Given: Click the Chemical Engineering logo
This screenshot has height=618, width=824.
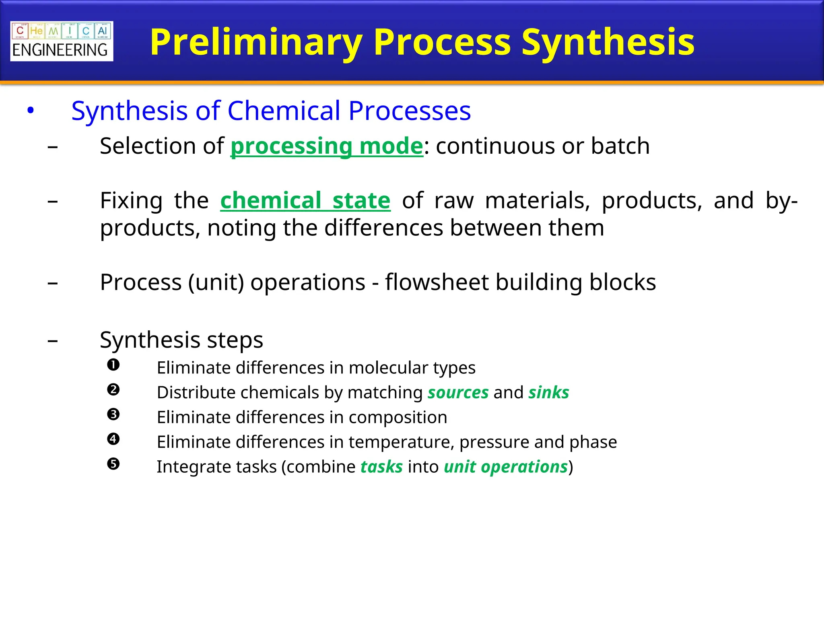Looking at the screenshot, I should point(62,41).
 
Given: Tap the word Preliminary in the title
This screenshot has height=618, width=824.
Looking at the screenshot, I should point(256,42).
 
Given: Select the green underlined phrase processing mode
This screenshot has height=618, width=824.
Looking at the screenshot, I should point(326,146).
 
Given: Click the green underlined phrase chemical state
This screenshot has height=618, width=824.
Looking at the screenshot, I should point(305,200).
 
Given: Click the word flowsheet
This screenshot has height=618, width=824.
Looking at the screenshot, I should point(437,282).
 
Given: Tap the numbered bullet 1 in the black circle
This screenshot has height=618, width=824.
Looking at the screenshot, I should point(113,365).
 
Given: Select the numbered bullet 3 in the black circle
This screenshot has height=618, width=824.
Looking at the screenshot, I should point(113,414).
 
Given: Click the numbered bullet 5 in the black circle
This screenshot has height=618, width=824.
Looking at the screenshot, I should point(113,464).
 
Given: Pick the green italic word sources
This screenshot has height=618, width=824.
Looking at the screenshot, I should point(458,392).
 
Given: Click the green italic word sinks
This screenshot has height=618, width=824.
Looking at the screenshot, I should point(549,392).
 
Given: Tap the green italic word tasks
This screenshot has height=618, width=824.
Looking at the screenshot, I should point(381,467).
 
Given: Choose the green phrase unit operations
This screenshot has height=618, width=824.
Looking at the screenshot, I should point(506,467).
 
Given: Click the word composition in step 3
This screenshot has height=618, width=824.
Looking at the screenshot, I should point(398,417).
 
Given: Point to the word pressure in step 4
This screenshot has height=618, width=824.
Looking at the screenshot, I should point(494,442).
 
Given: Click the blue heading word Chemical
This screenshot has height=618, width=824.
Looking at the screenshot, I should point(284,111).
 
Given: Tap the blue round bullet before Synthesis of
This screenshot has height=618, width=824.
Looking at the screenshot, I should point(31,110).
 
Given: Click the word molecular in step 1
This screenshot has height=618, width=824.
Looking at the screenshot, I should point(388,368).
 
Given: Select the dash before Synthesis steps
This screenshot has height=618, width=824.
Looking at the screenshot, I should point(53,341).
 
